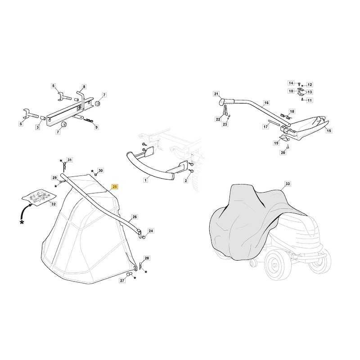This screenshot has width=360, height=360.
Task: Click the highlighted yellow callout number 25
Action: click(115, 187)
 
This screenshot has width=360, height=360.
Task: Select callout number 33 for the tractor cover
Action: click(288, 184)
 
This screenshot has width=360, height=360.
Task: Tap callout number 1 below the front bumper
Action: click(145, 180)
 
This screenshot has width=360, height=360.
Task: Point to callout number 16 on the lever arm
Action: click(266, 103)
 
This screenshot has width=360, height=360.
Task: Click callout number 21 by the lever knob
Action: click(216, 94)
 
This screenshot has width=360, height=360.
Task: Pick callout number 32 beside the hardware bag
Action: click(53, 204)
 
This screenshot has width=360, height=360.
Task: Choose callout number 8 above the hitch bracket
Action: click(84, 86)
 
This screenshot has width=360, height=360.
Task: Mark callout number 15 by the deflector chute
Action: click(329, 130)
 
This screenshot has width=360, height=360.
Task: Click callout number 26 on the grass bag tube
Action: click(135, 217)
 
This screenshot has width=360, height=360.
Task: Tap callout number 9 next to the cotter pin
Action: click(96, 127)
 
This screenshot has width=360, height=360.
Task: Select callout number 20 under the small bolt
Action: click(283, 152)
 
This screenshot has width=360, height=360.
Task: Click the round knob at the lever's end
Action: click(222, 102)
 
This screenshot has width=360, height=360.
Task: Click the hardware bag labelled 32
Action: click(39, 197)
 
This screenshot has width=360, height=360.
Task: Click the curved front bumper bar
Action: click(149, 167)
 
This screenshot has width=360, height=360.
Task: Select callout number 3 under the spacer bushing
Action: click(38, 127)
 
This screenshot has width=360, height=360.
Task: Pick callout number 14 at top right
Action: click(291, 83)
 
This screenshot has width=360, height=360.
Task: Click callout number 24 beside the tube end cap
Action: click(151, 231)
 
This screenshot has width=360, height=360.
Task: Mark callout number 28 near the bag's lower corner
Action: click(147, 258)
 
